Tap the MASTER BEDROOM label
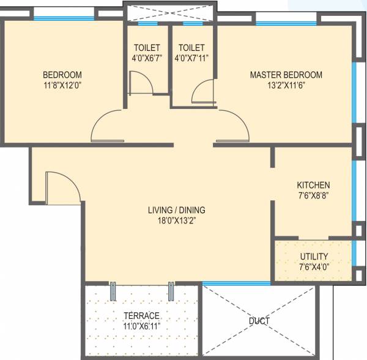pos(286,75)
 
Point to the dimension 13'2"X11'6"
pos(286,85)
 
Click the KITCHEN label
pos(313,185)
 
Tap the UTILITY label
pos(314,256)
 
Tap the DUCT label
pos(259,320)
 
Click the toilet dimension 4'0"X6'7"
pos(147,59)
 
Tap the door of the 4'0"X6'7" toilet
pos(141,82)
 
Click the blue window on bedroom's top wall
pos(64,18)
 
